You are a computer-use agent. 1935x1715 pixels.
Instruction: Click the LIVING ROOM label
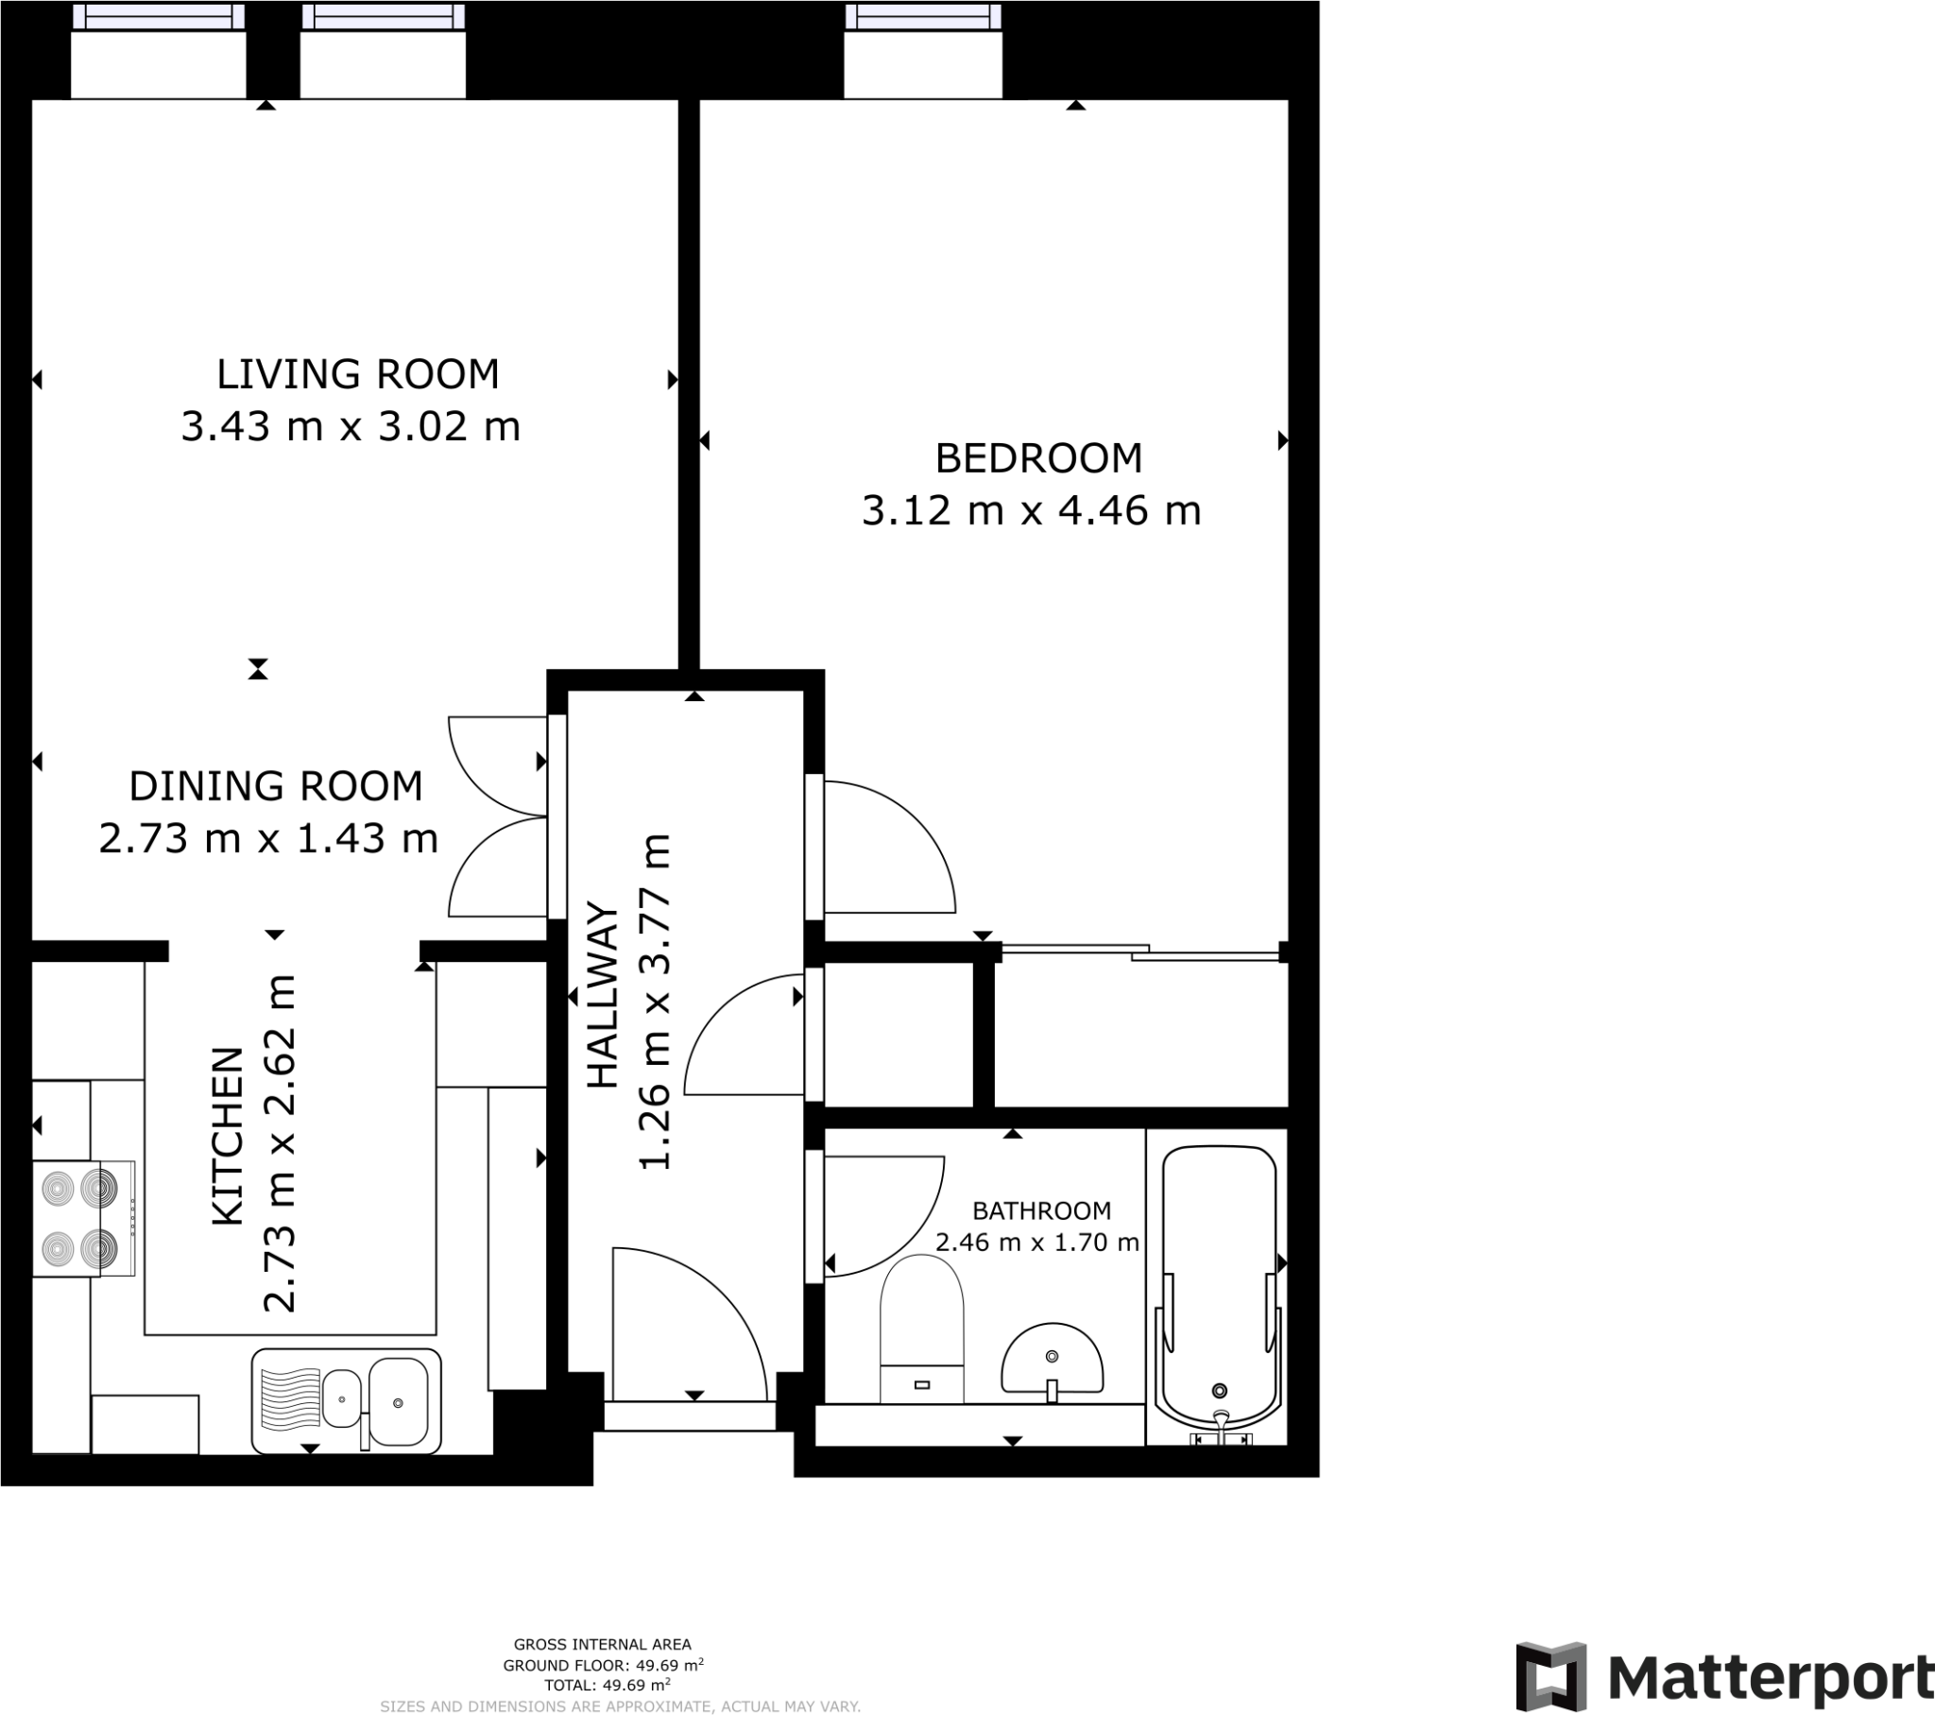(x=357, y=374)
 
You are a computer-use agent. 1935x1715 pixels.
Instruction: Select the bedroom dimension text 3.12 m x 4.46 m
(x=1031, y=511)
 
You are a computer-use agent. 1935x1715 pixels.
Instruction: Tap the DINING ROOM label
(x=276, y=786)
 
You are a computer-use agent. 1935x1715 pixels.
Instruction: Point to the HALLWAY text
(x=603, y=995)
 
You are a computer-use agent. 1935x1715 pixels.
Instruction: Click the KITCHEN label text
(x=228, y=1137)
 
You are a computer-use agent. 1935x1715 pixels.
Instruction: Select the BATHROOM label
(x=1041, y=1210)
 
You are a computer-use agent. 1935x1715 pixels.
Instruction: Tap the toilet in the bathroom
(x=921, y=1330)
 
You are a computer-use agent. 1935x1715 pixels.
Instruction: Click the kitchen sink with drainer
(x=347, y=1401)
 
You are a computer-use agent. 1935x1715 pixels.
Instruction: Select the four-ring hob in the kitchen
(x=79, y=1219)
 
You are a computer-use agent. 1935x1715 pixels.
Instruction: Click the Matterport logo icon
(x=1550, y=1675)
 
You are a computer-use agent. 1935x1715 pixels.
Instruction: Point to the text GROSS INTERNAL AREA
(x=602, y=1645)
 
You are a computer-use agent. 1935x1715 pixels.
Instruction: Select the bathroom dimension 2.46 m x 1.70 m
(x=1036, y=1243)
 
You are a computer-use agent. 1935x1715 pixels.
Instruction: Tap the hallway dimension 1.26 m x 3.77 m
(x=655, y=1002)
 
